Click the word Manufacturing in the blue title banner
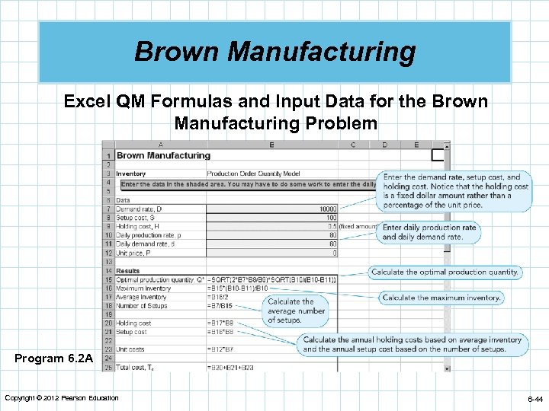(x=321, y=53)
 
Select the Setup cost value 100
(x=330, y=218)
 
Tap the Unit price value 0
(x=334, y=253)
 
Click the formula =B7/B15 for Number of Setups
(x=221, y=306)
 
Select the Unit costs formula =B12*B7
(x=222, y=349)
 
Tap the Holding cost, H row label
(x=138, y=226)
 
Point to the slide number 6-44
(x=535, y=399)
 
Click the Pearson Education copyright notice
(x=61, y=398)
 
